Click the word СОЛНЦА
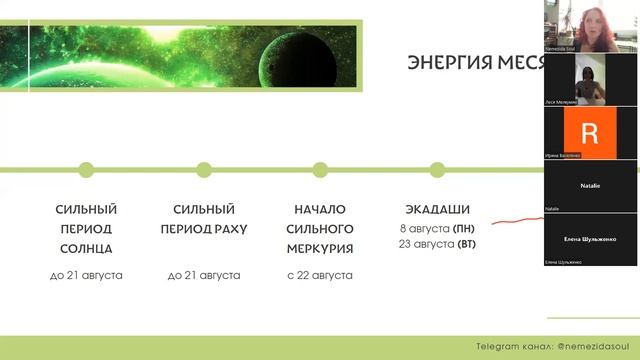86,248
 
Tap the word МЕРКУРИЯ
320,248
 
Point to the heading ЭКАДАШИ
437,210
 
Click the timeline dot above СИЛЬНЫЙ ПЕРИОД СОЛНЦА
86,169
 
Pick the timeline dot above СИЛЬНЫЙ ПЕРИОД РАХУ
204,169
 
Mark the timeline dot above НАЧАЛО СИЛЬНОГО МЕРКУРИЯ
320,169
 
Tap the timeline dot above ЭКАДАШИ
437,169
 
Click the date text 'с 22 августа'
320,274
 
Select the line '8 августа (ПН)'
437,228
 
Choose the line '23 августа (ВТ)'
437,244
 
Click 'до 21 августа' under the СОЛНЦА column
86,274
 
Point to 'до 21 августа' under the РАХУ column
204,274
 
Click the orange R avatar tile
590,132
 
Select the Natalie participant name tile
590,186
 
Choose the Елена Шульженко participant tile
590,240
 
